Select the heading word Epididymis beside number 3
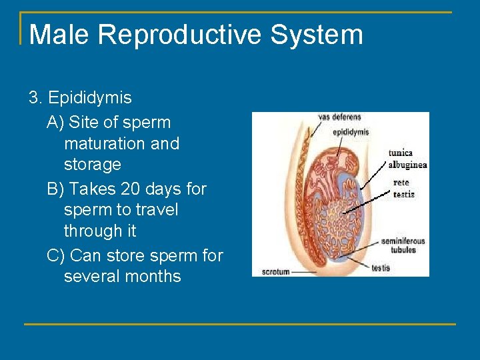(90, 98)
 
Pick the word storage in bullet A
(93, 164)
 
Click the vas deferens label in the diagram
(339, 117)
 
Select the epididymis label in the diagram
(351, 131)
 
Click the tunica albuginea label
(407, 159)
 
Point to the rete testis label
(403, 188)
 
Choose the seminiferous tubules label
(403, 245)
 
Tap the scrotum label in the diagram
(275, 271)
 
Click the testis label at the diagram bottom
(381, 268)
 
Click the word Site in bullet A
(84, 123)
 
